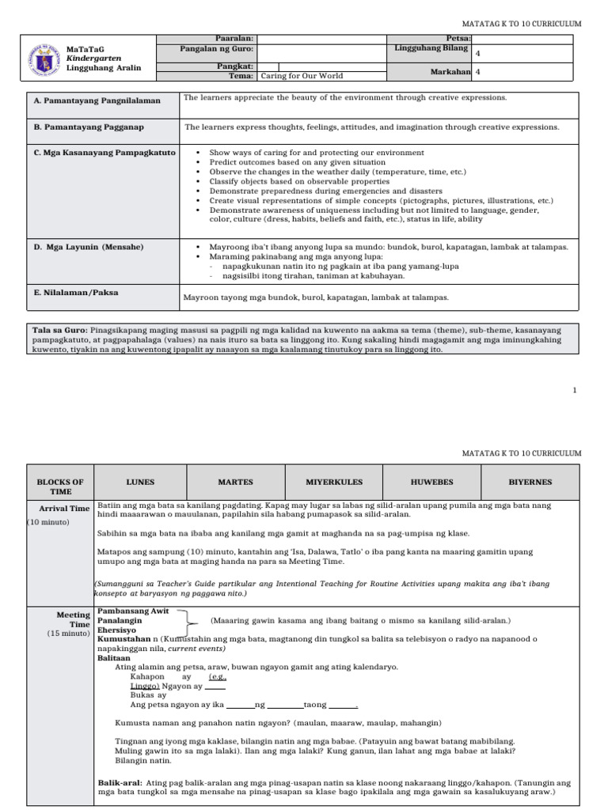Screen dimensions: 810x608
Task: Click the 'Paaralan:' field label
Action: point(234,38)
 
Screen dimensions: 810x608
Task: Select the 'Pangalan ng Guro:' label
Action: point(218,49)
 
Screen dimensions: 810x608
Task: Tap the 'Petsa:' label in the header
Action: point(459,38)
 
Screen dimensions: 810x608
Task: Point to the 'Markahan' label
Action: point(450,71)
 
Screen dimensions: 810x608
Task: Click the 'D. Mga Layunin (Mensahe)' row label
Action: point(89,247)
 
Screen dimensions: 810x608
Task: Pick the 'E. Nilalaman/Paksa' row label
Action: point(76,292)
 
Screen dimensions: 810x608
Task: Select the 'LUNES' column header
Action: point(140,482)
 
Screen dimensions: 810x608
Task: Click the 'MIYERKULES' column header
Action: point(332,482)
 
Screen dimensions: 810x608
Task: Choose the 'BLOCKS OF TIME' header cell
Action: point(61,486)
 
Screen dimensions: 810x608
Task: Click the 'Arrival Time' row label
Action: point(65,509)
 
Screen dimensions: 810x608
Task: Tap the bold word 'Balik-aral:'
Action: point(118,782)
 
